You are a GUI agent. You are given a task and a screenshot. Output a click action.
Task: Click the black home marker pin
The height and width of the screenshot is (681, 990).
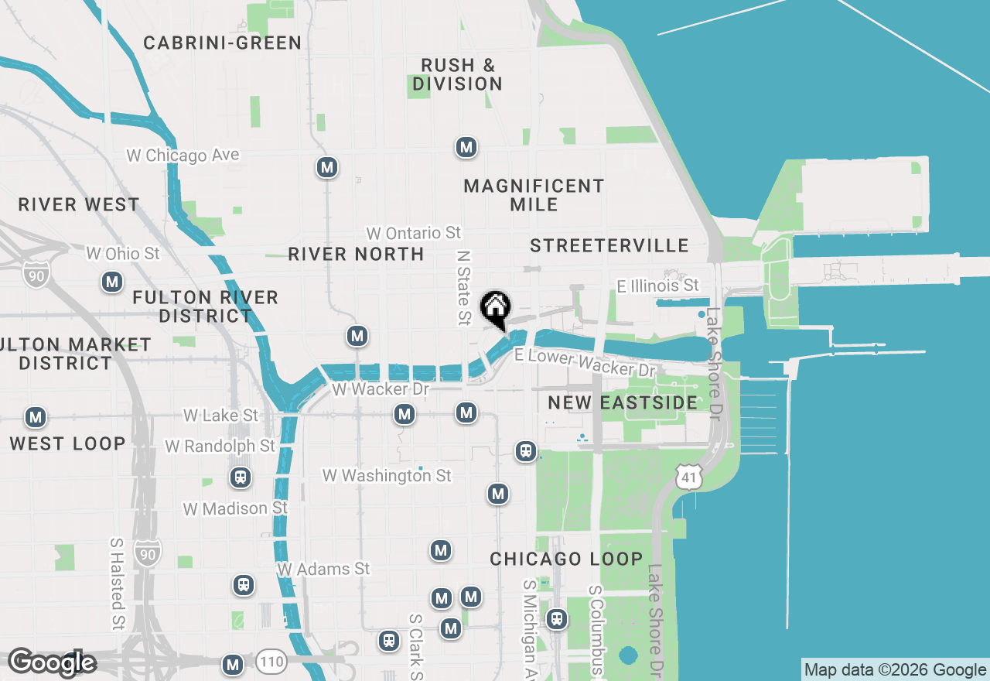click(x=495, y=308)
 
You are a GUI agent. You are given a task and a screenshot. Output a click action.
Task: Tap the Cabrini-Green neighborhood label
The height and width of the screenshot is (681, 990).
click(x=223, y=43)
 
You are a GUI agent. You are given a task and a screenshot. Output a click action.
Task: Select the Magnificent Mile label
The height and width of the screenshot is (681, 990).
click(x=534, y=195)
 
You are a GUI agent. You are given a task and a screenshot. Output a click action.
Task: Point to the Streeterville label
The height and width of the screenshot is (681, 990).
click(x=609, y=245)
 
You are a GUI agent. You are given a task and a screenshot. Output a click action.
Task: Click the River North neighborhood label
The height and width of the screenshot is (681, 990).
click(x=356, y=254)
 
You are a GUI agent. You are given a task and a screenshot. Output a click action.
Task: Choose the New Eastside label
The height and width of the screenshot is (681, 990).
click(x=623, y=402)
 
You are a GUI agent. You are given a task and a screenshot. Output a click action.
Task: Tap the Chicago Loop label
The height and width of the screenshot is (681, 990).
click(x=566, y=559)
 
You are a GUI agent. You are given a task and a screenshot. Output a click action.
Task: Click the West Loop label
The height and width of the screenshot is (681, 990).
click(x=67, y=443)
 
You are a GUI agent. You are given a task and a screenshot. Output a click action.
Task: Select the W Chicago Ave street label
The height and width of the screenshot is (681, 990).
click(x=183, y=156)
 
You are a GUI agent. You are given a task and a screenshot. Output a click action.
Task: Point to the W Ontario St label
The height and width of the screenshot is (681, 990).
click(x=414, y=233)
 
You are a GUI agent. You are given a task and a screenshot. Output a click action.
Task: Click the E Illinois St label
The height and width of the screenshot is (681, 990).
click(x=657, y=286)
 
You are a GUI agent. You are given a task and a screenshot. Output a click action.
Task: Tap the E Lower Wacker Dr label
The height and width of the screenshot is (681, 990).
click(x=585, y=361)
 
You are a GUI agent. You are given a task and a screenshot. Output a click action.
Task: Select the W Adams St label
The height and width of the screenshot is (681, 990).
click(x=324, y=569)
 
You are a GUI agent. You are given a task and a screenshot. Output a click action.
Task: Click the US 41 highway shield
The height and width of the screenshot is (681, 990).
click(x=688, y=477)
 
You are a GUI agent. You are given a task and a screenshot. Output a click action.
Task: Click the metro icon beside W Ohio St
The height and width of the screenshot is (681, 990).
click(x=113, y=282)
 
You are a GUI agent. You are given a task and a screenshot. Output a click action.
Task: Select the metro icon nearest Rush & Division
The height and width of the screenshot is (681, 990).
click(x=466, y=147)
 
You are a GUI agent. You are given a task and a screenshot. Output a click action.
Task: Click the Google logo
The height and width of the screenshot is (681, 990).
click(x=52, y=662)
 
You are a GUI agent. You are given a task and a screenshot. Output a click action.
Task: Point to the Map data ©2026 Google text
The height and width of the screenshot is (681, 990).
click(x=895, y=670)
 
